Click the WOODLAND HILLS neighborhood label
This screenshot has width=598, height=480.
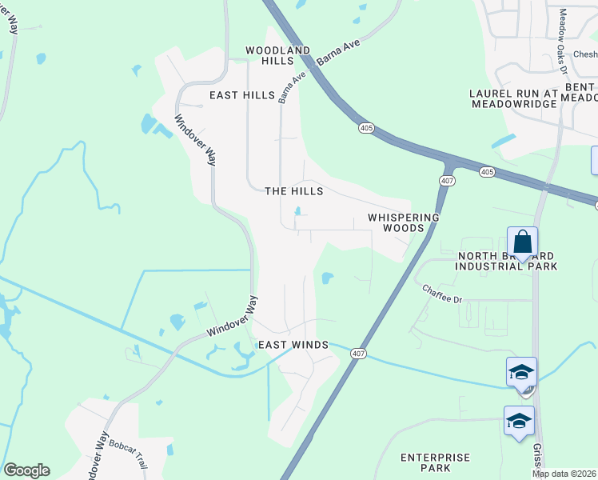pyautogui.click(x=277, y=55)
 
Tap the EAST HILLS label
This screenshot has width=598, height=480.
pyautogui.click(x=242, y=95)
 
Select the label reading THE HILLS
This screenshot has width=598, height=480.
pyautogui.click(x=293, y=191)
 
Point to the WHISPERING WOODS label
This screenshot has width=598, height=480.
pyautogui.click(x=403, y=222)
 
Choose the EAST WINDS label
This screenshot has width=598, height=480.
pyautogui.click(x=293, y=345)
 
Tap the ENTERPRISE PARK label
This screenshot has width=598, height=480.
pyautogui.click(x=436, y=462)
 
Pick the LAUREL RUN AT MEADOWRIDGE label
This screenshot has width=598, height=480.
pyautogui.click(x=512, y=98)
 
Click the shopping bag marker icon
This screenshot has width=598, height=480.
pyautogui.click(x=522, y=242)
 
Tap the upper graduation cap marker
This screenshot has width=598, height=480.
pyautogui.click(x=520, y=373)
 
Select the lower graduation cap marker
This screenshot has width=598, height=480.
pyautogui.click(x=518, y=422)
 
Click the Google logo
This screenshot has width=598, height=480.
pyautogui.click(x=26, y=470)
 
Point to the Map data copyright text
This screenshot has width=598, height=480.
pyautogui.click(x=564, y=474)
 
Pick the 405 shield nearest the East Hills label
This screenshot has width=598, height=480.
pyautogui.click(x=366, y=128)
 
